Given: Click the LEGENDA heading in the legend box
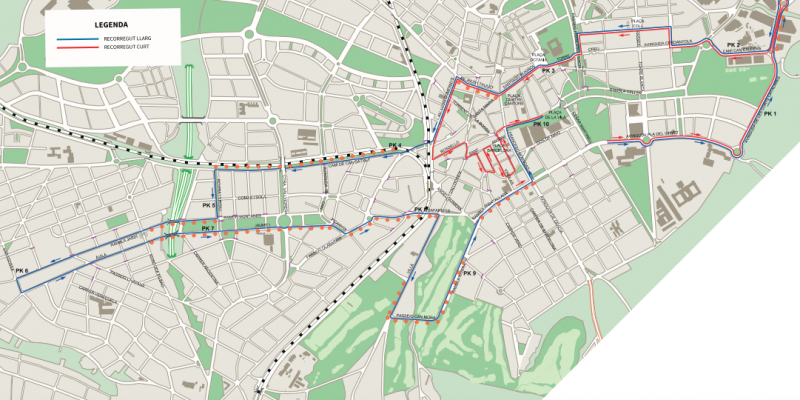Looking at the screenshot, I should click(x=98, y=21).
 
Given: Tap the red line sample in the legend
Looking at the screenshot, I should click(x=71, y=47).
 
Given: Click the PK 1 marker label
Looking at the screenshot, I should click(x=769, y=115).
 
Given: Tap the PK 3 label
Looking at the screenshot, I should click(x=547, y=70).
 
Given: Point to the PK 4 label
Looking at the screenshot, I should click(x=395, y=146).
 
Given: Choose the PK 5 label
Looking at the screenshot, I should click(x=208, y=205).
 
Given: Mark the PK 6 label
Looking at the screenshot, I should click(x=22, y=270).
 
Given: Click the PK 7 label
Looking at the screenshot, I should click(x=208, y=229).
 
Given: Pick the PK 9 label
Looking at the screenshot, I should click(x=468, y=273).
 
